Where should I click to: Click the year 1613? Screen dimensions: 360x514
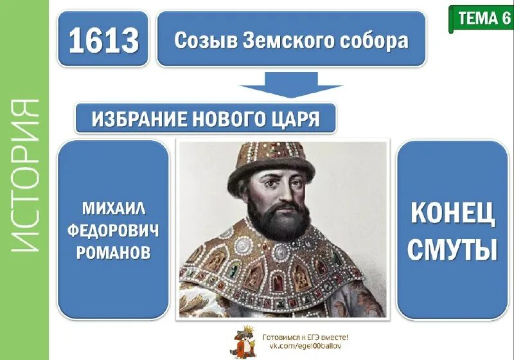pos(103,41)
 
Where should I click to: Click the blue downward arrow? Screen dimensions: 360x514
pos(291,84)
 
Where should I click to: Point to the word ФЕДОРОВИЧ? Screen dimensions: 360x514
pos(113,230)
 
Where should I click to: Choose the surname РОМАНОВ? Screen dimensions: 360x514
pos(113,253)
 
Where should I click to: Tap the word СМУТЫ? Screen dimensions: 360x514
pos(452,249)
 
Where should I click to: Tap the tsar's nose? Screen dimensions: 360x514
pos(285,194)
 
